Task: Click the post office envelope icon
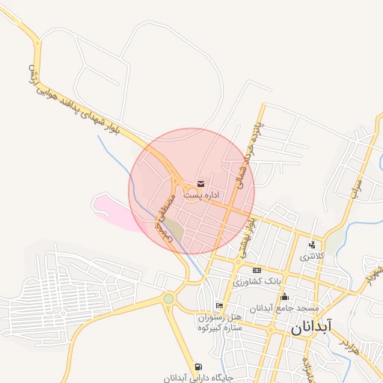200,183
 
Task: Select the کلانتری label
313,256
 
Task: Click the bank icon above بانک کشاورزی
257,270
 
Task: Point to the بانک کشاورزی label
257,281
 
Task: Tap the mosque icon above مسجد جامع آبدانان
284,296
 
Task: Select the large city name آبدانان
307,327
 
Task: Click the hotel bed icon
218,305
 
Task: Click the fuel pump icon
197,366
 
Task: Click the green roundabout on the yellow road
169,299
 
